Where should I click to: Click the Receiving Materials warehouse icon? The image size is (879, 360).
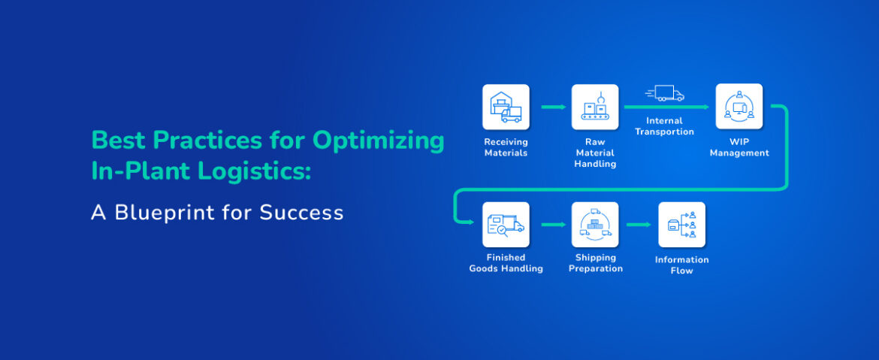(x=506, y=107)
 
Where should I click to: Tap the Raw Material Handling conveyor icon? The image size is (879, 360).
(x=595, y=107)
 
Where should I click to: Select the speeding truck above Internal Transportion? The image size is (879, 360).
(x=665, y=93)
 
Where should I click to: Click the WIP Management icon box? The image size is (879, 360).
(x=739, y=107)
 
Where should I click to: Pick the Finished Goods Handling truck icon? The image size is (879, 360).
(x=506, y=224)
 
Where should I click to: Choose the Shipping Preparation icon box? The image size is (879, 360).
(x=595, y=224)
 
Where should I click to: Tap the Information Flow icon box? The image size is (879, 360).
(x=681, y=224)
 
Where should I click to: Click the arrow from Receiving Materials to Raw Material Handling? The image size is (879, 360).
(x=554, y=107)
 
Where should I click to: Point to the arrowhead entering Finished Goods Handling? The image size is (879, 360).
(x=471, y=222)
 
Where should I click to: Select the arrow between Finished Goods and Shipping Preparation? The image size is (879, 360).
(x=554, y=224)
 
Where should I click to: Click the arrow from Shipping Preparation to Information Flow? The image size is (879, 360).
(x=639, y=224)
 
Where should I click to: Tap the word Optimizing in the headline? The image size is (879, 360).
(x=379, y=141)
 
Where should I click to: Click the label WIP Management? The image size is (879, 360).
(x=739, y=147)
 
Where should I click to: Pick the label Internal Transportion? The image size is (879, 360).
(x=664, y=126)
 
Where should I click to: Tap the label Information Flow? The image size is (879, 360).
(x=681, y=265)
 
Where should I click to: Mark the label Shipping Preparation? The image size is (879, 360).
(x=596, y=263)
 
